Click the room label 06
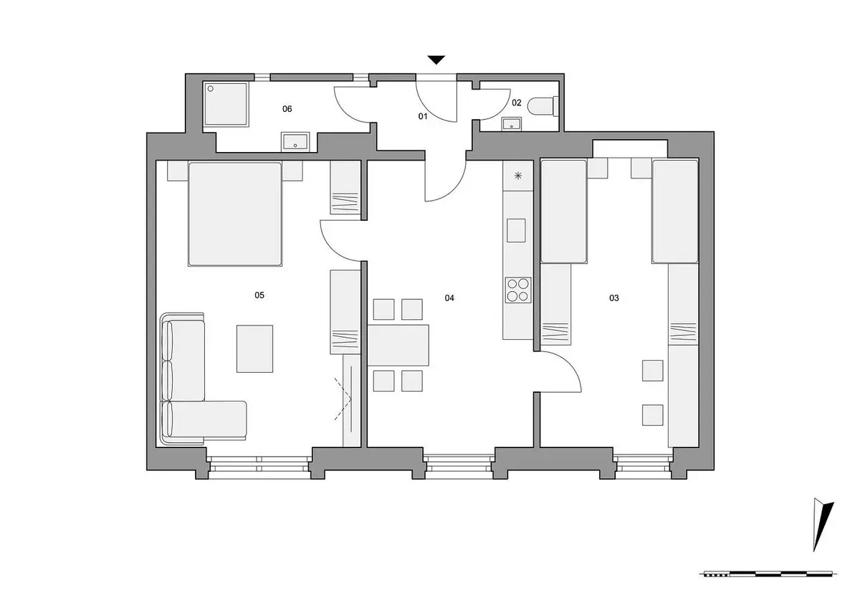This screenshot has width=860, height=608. click(x=287, y=109)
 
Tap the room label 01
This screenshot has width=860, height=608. click(x=423, y=116)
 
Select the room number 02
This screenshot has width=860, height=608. click(x=517, y=103)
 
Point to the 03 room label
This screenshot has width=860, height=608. click(x=614, y=298)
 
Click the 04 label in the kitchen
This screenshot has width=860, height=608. click(x=449, y=298)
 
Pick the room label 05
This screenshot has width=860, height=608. click(x=259, y=295)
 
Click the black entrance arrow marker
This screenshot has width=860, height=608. click(x=436, y=60)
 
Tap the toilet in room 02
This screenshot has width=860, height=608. click(x=543, y=106)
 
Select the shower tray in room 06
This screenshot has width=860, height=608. click(x=226, y=104)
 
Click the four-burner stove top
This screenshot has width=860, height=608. click(x=518, y=290)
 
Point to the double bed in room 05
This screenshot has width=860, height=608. click(x=235, y=214)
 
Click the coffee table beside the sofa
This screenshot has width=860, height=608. click(x=254, y=348)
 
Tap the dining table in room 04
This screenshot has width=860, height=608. click(x=398, y=345)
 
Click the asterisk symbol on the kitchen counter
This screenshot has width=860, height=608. click(x=518, y=176)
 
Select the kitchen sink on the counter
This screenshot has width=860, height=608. click(x=516, y=230)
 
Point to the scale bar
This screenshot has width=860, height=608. click(x=768, y=584)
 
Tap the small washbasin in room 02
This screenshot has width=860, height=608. click(x=512, y=124)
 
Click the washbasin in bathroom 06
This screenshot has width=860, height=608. click(x=295, y=142)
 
